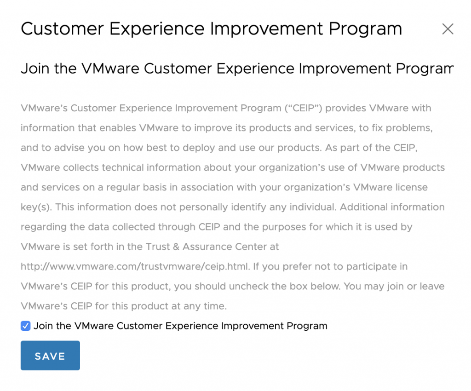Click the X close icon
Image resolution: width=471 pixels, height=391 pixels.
click(x=448, y=29)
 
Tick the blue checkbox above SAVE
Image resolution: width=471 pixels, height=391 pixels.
click(x=26, y=326)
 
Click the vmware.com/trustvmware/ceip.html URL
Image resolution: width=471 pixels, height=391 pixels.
click(x=135, y=266)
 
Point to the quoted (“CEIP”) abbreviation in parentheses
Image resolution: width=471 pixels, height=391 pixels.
click(x=304, y=108)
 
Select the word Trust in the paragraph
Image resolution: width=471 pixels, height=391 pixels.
click(x=158, y=247)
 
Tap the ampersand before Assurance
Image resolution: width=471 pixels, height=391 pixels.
click(x=176, y=247)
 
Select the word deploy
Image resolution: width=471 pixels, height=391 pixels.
click(x=199, y=148)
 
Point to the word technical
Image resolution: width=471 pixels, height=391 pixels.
click(x=122, y=167)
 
